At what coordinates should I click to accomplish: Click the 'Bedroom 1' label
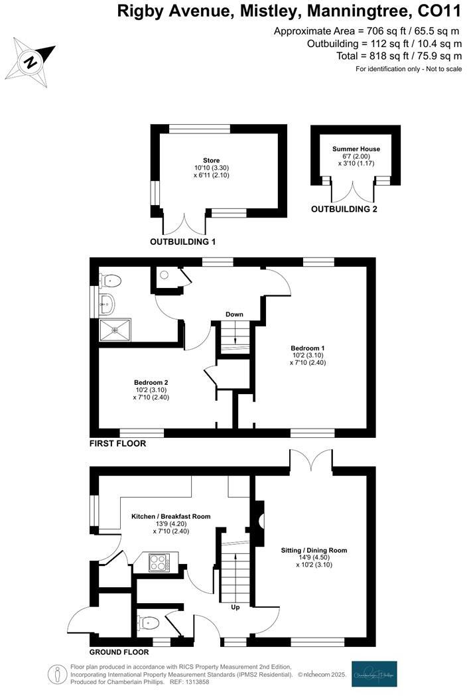click(308, 348)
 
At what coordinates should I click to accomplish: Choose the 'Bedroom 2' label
click(151, 383)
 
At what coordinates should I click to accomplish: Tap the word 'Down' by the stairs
click(234, 314)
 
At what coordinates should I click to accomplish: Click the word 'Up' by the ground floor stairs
click(235, 607)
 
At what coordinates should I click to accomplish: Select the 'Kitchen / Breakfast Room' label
click(162, 516)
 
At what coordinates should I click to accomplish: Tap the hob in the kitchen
click(157, 563)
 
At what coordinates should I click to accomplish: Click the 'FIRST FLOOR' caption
click(118, 443)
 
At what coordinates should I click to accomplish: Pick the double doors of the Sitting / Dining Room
click(310, 459)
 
